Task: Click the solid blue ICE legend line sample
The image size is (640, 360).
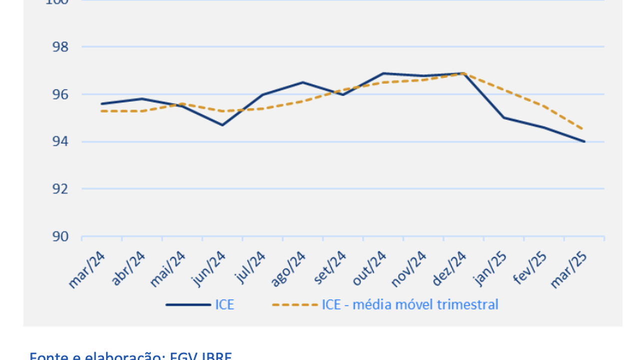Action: click(188, 304)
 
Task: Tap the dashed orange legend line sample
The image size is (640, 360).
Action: click(295, 304)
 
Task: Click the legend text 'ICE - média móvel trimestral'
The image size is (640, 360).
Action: click(410, 304)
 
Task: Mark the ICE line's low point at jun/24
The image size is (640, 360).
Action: click(222, 125)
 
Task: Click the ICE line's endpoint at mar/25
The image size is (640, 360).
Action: click(584, 141)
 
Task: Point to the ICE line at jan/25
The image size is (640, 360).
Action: click(503, 118)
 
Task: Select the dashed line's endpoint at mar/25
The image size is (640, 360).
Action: click(584, 130)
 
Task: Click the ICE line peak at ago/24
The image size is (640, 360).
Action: click(302, 82)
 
